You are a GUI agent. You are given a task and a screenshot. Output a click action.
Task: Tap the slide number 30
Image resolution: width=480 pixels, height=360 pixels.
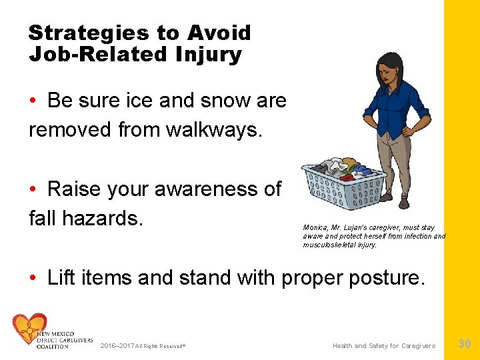[465, 344]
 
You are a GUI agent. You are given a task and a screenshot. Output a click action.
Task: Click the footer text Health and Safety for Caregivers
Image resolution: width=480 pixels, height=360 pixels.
[384, 345]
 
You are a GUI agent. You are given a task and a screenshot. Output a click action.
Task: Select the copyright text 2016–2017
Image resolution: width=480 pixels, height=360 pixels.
[116, 346]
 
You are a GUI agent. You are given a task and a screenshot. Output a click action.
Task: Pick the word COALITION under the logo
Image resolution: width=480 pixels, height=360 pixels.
[53, 347]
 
